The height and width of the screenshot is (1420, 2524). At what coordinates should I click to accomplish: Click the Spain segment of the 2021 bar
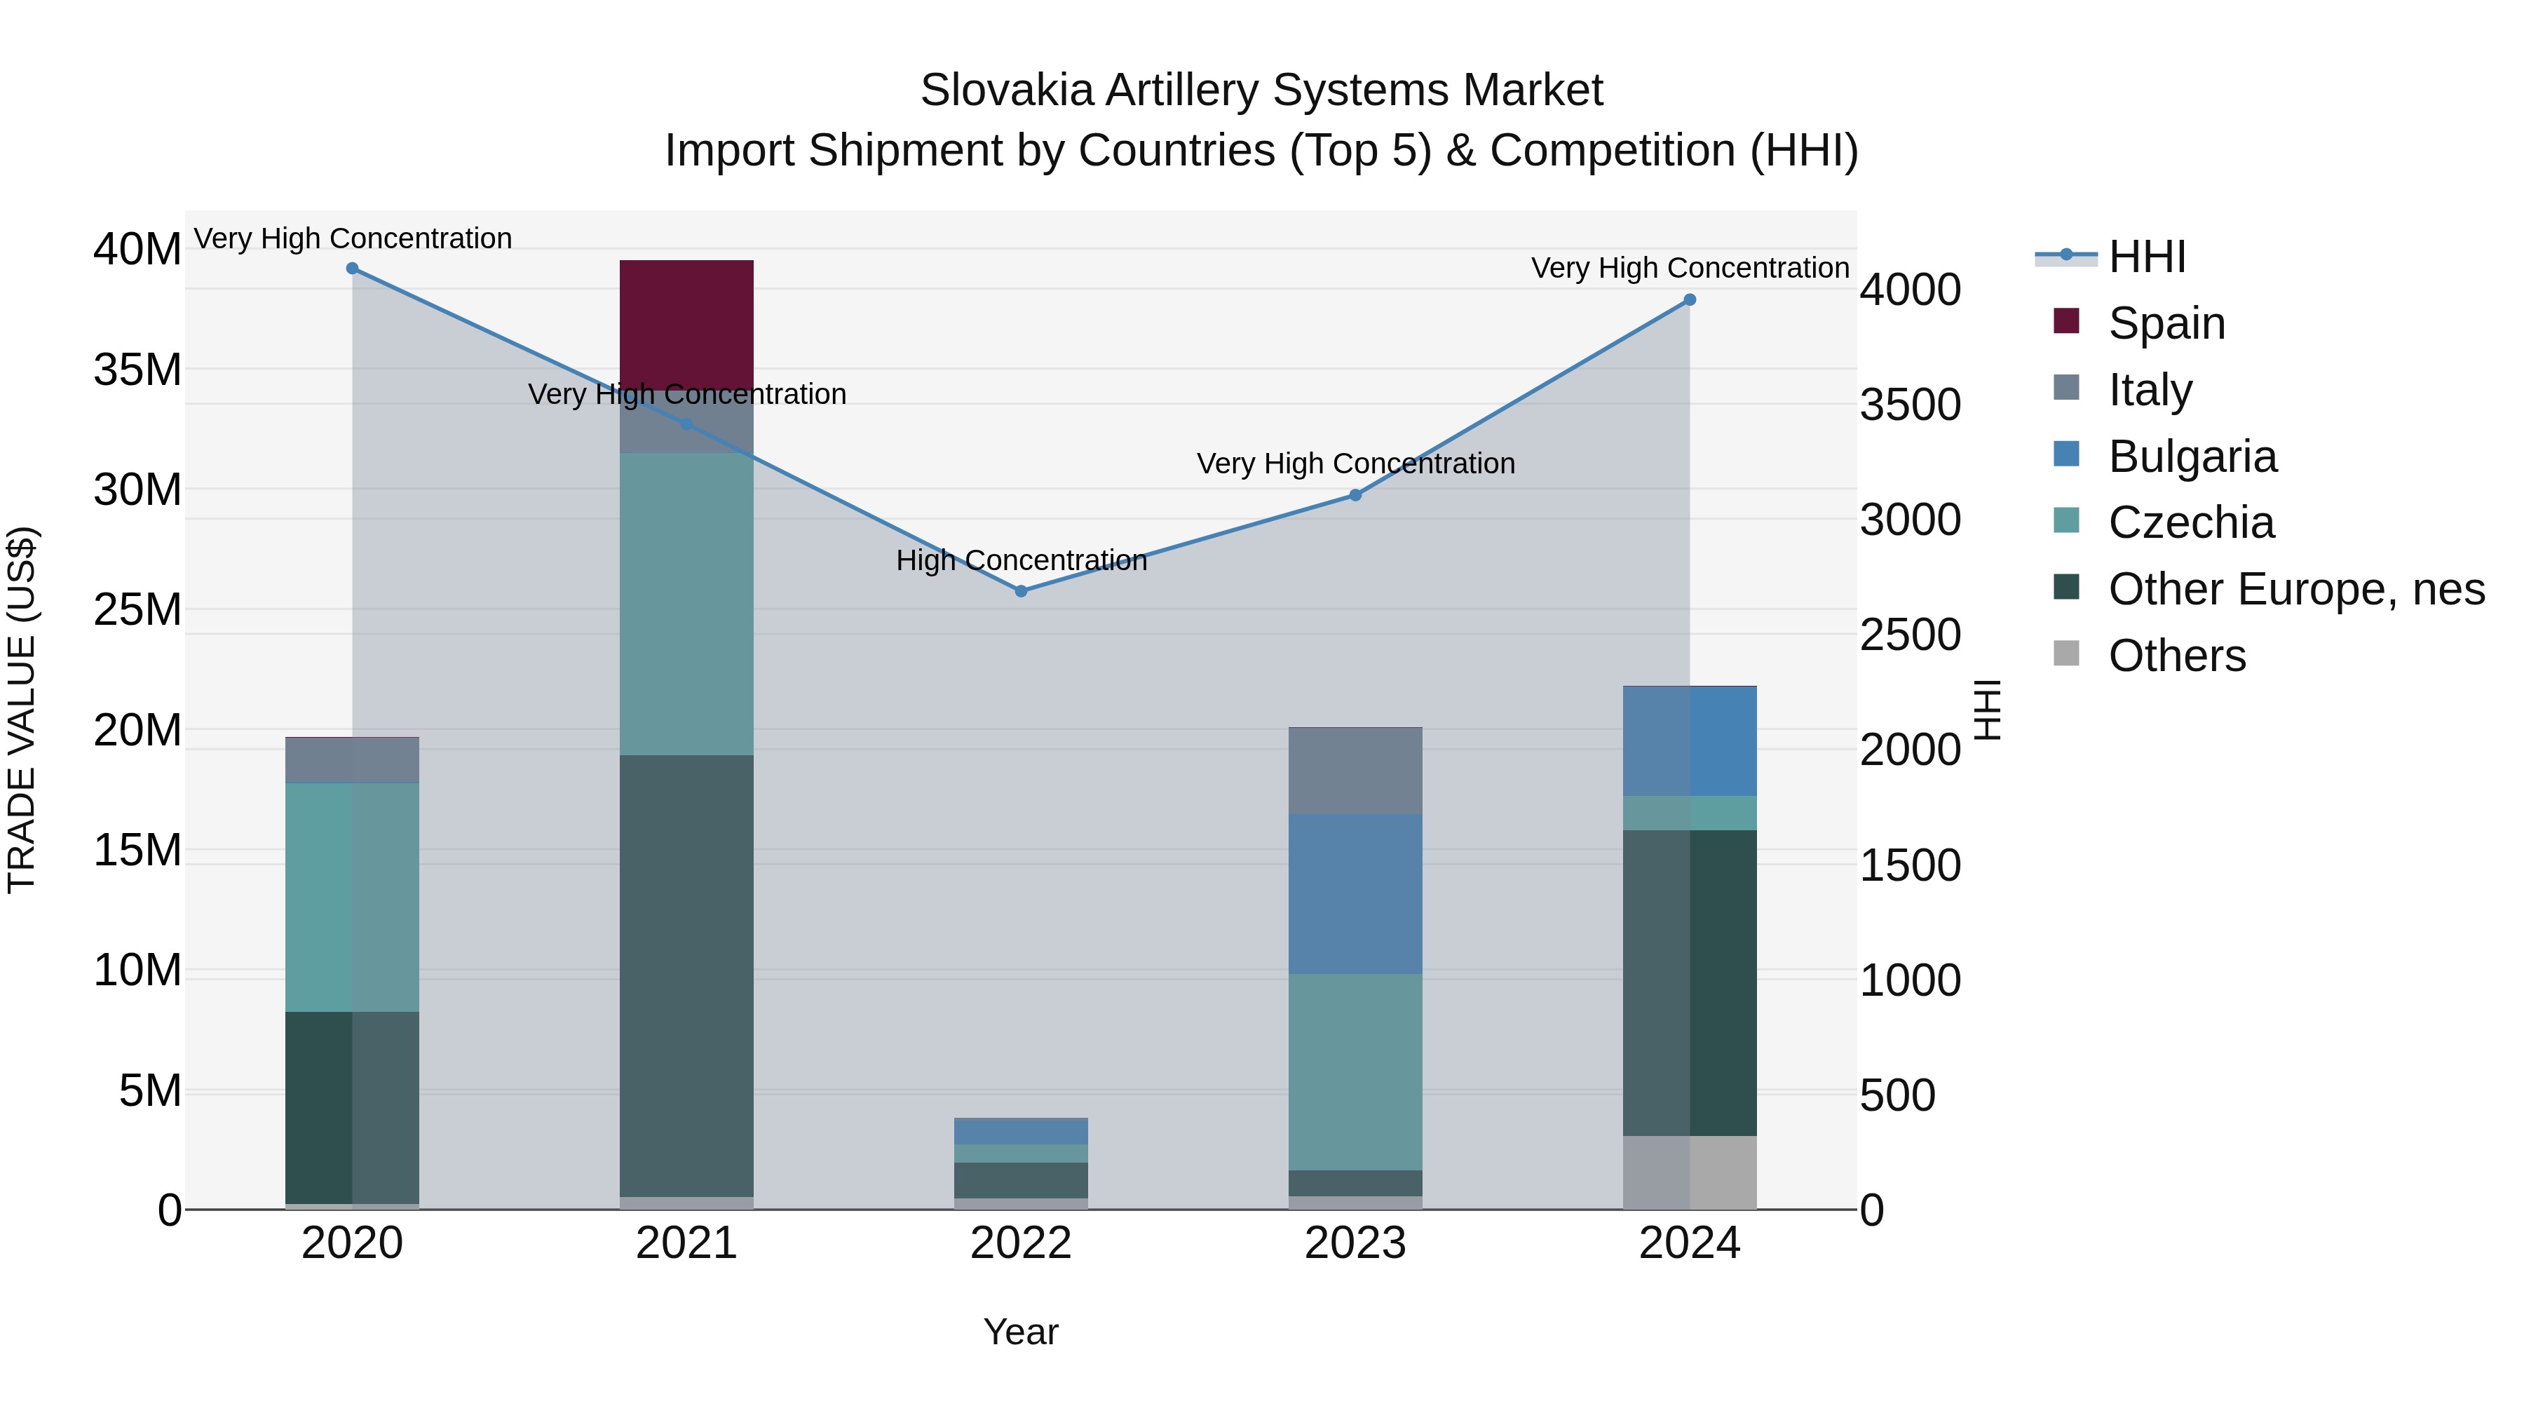(686, 323)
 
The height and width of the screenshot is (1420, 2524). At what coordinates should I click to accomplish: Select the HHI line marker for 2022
(1021, 591)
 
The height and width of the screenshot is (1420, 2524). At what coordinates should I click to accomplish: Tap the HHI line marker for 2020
(353, 269)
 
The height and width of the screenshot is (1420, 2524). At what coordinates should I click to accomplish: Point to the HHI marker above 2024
(1689, 300)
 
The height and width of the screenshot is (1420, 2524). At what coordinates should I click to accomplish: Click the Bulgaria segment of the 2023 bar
(1355, 894)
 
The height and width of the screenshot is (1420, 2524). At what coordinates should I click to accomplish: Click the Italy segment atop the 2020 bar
(353, 759)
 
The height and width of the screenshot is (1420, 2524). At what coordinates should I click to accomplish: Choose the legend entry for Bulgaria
(2192, 457)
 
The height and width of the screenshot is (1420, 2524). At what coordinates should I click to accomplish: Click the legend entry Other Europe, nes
(2295, 589)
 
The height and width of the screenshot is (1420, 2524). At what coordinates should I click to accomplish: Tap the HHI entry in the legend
(2147, 257)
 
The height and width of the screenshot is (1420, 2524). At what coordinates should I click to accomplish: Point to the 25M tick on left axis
(137, 609)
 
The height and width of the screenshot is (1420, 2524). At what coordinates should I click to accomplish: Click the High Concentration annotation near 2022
(1021, 560)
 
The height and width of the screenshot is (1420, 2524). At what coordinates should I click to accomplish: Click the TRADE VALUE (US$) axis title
(22, 710)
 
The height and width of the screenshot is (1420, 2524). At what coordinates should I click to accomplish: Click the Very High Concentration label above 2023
(1355, 464)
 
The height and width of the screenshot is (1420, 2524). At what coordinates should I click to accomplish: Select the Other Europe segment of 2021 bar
(686, 975)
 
